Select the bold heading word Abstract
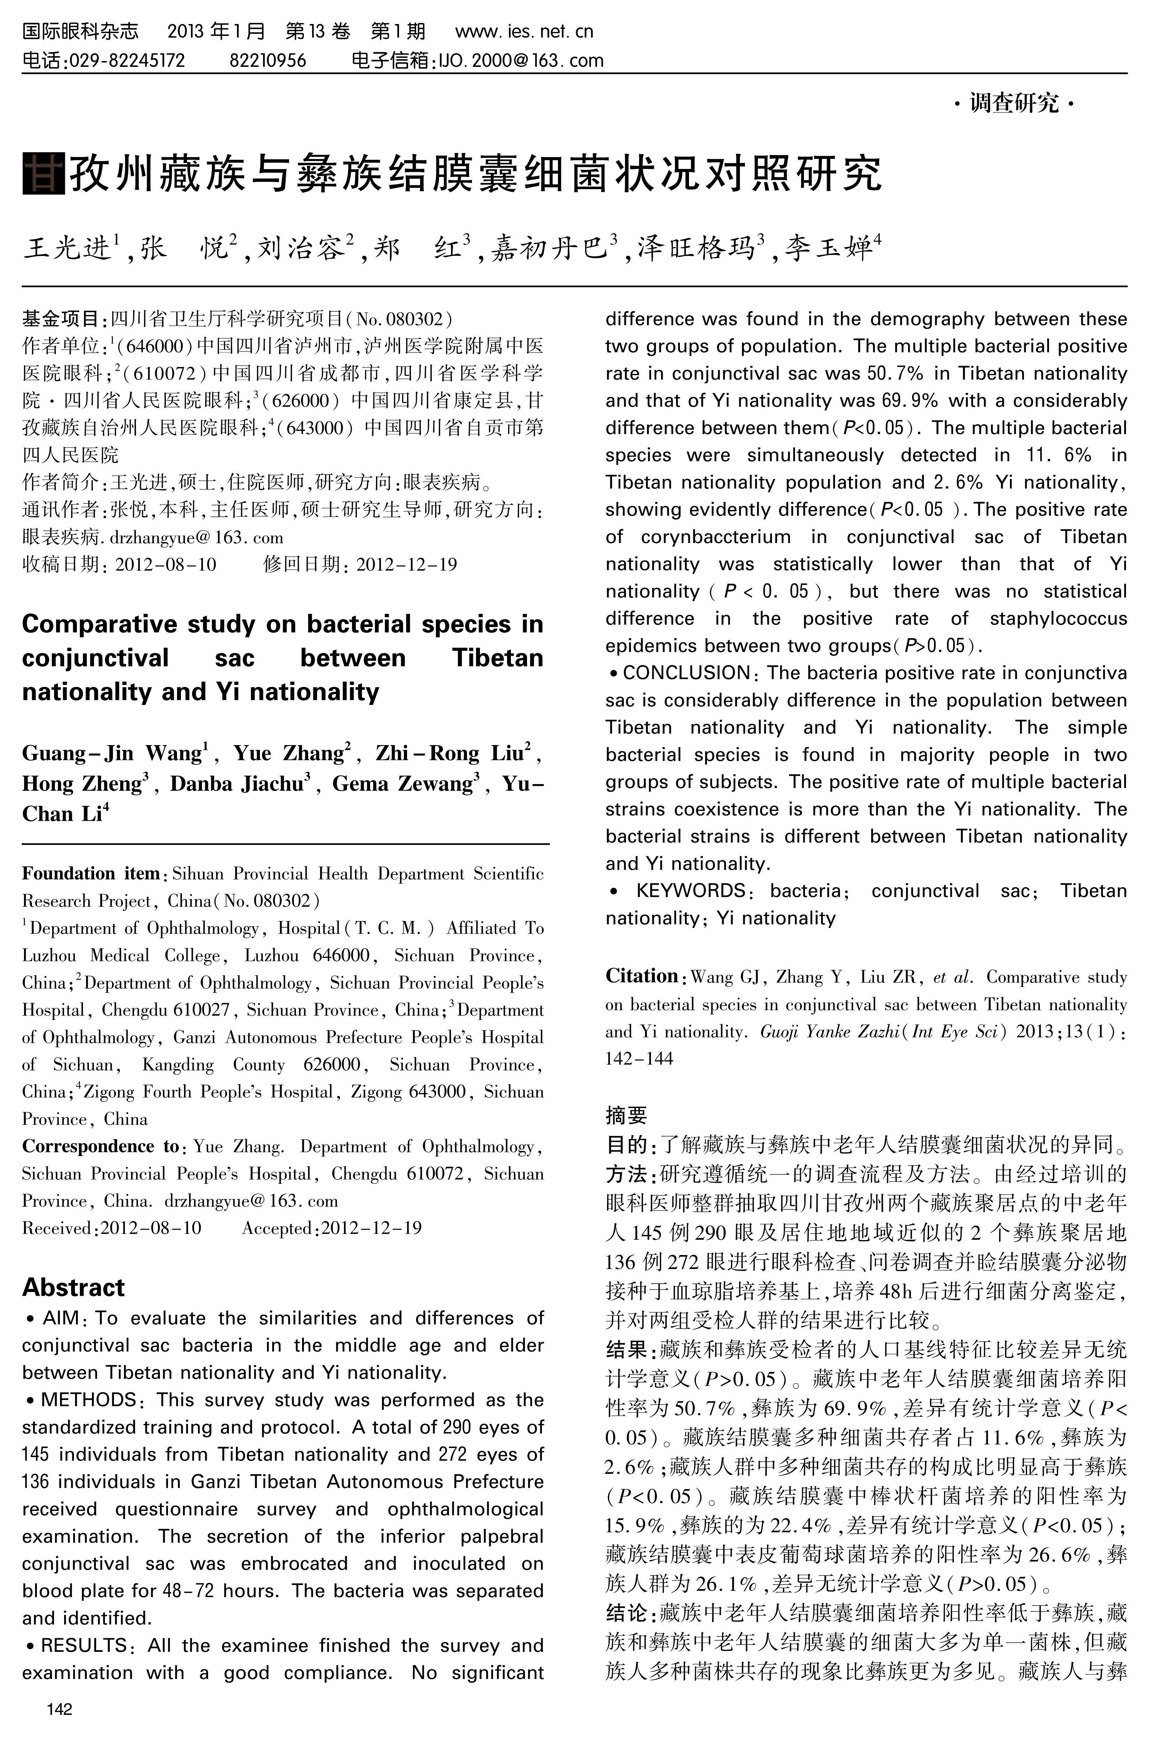point(73,1287)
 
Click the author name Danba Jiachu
point(236,784)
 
